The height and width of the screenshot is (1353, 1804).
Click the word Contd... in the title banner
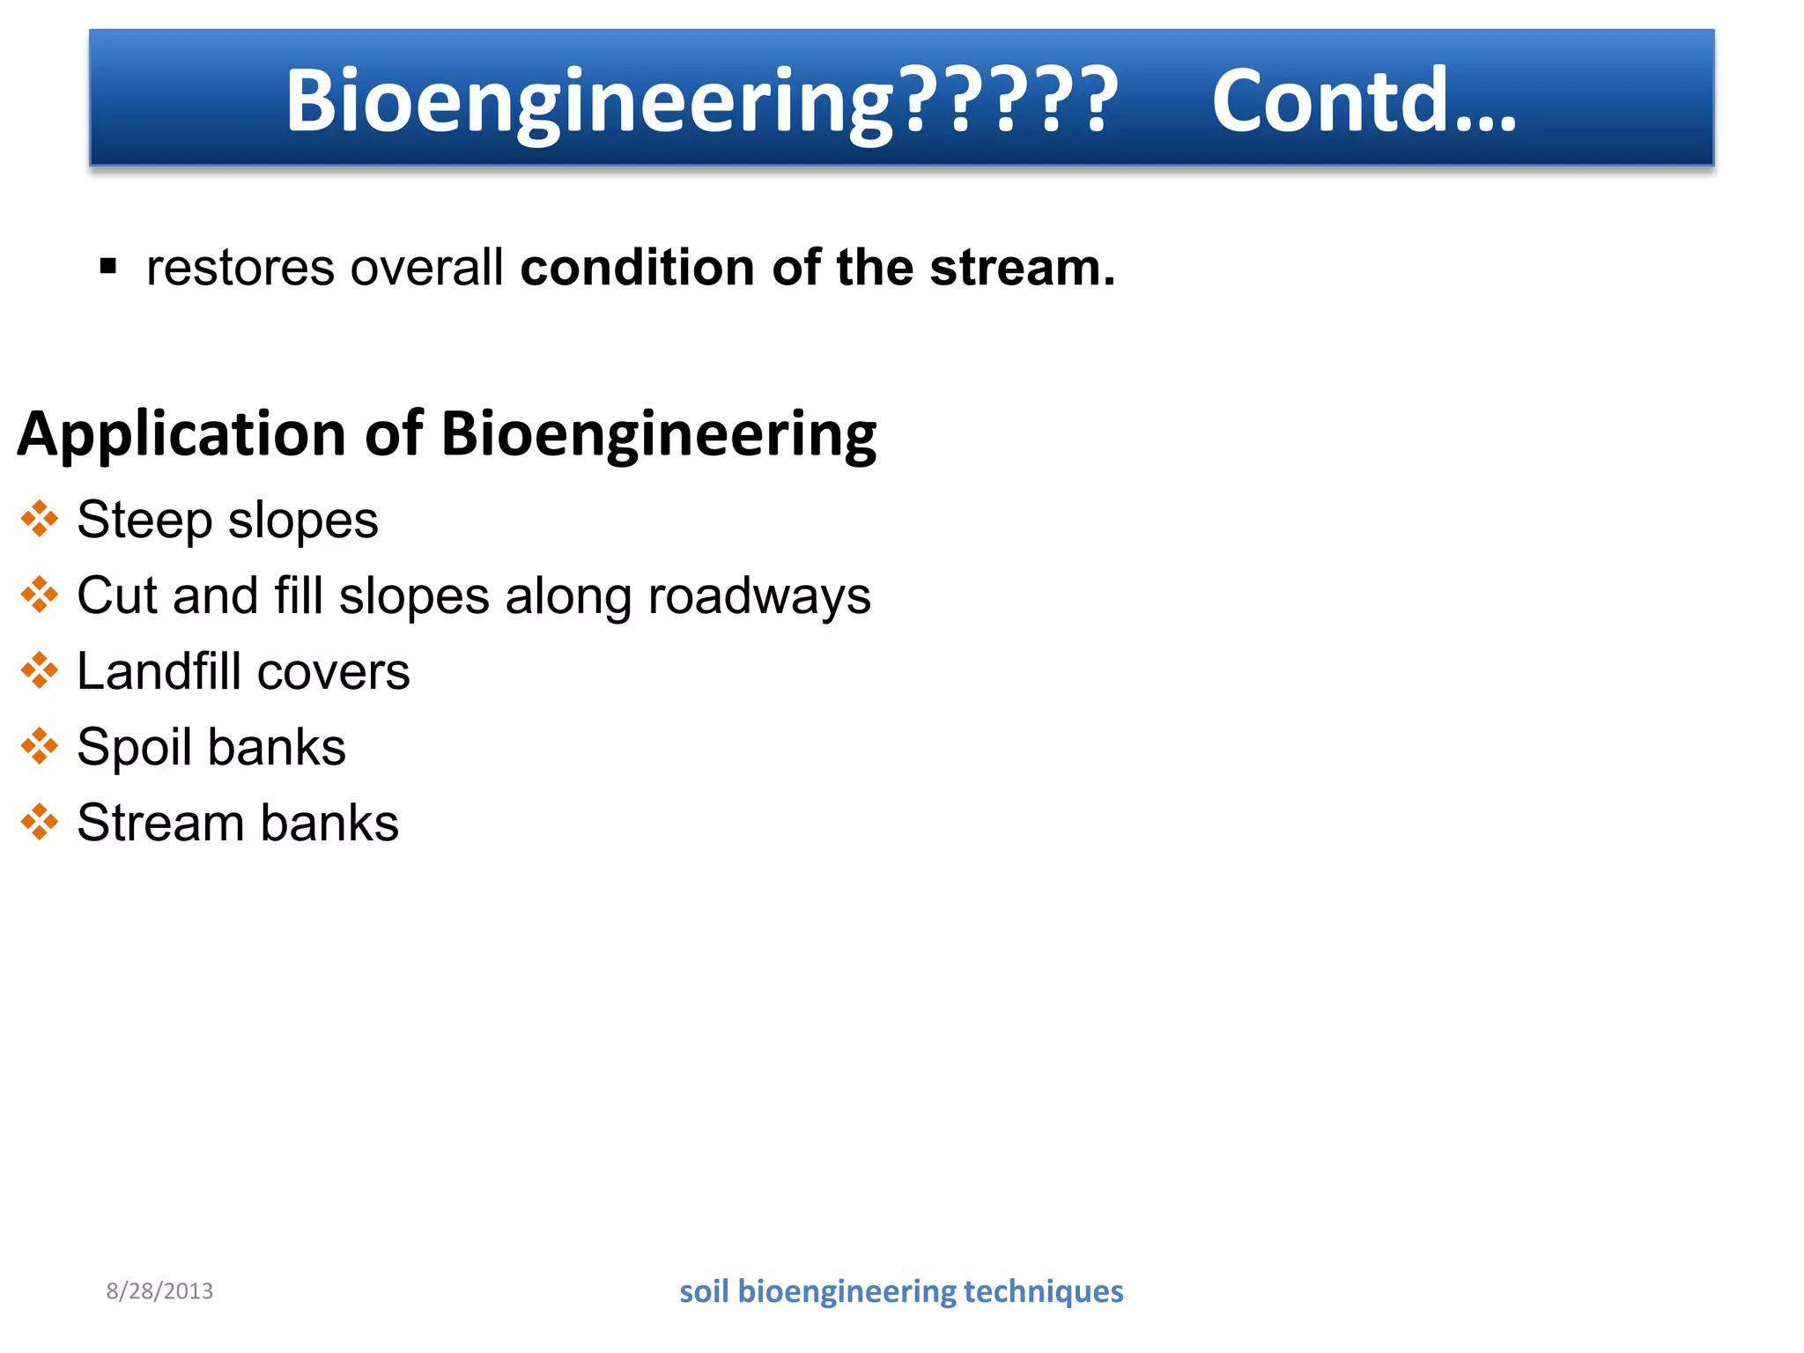(x=1364, y=100)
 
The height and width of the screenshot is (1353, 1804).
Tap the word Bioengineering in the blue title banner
(x=588, y=100)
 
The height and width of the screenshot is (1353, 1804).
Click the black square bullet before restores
(x=108, y=266)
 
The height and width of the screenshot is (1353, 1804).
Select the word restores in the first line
(x=240, y=268)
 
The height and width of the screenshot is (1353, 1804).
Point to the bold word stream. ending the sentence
(x=1022, y=268)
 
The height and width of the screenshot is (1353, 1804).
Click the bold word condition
(x=637, y=268)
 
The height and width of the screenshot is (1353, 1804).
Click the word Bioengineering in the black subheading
(x=658, y=434)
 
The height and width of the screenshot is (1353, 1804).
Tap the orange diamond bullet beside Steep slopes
(x=40, y=519)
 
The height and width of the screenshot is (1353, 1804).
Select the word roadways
(x=758, y=596)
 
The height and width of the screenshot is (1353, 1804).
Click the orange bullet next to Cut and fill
(x=40, y=595)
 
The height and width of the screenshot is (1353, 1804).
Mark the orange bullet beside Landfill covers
(x=40, y=670)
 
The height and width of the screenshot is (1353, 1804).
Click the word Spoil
(x=134, y=748)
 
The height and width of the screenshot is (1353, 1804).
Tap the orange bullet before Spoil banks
(x=40, y=746)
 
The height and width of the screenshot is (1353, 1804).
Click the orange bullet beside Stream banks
(x=40, y=822)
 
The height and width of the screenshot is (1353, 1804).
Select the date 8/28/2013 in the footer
(x=159, y=1291)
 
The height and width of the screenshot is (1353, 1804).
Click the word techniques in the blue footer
(x=1043, y=1291)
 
